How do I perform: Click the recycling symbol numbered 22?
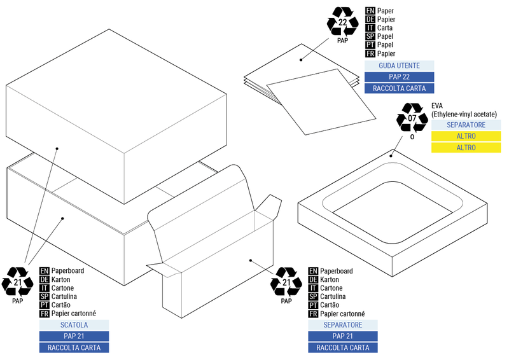pyautogui.click(x=343, y=22)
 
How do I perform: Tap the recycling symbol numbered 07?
pyautogui.click(x=412, y=118)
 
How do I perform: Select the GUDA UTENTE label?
pyautogui.click(x=399, y=66)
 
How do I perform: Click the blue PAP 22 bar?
pyautogui.click(x=399, y=77)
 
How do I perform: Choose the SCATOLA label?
pyautogui.click(x=74, y=325)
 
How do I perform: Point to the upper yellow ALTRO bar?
pyautogui.click(x=466, y=136)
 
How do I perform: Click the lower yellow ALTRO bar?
pyautogui.click(x=466, y=148)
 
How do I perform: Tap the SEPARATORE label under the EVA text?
pyautogui.click(x=466, y=125)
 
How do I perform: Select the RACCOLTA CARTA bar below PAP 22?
pyautogui.click(x=399, y=88)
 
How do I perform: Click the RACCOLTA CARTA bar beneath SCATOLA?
pyautogui.click(x=74, y=348)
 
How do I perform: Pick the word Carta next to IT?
pyautogui.click(x=385, y=28)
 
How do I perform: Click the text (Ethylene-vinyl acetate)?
pyautogui.click(x=464, y=114)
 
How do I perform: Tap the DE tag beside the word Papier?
pyautogui.click(x=370, y=20)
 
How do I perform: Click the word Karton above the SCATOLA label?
pyautogui.click(x=62, y=279)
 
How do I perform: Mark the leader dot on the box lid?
pyautogui.click(x=57, y=149)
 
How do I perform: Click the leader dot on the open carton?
pyautogui.click(x=251, y=260)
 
